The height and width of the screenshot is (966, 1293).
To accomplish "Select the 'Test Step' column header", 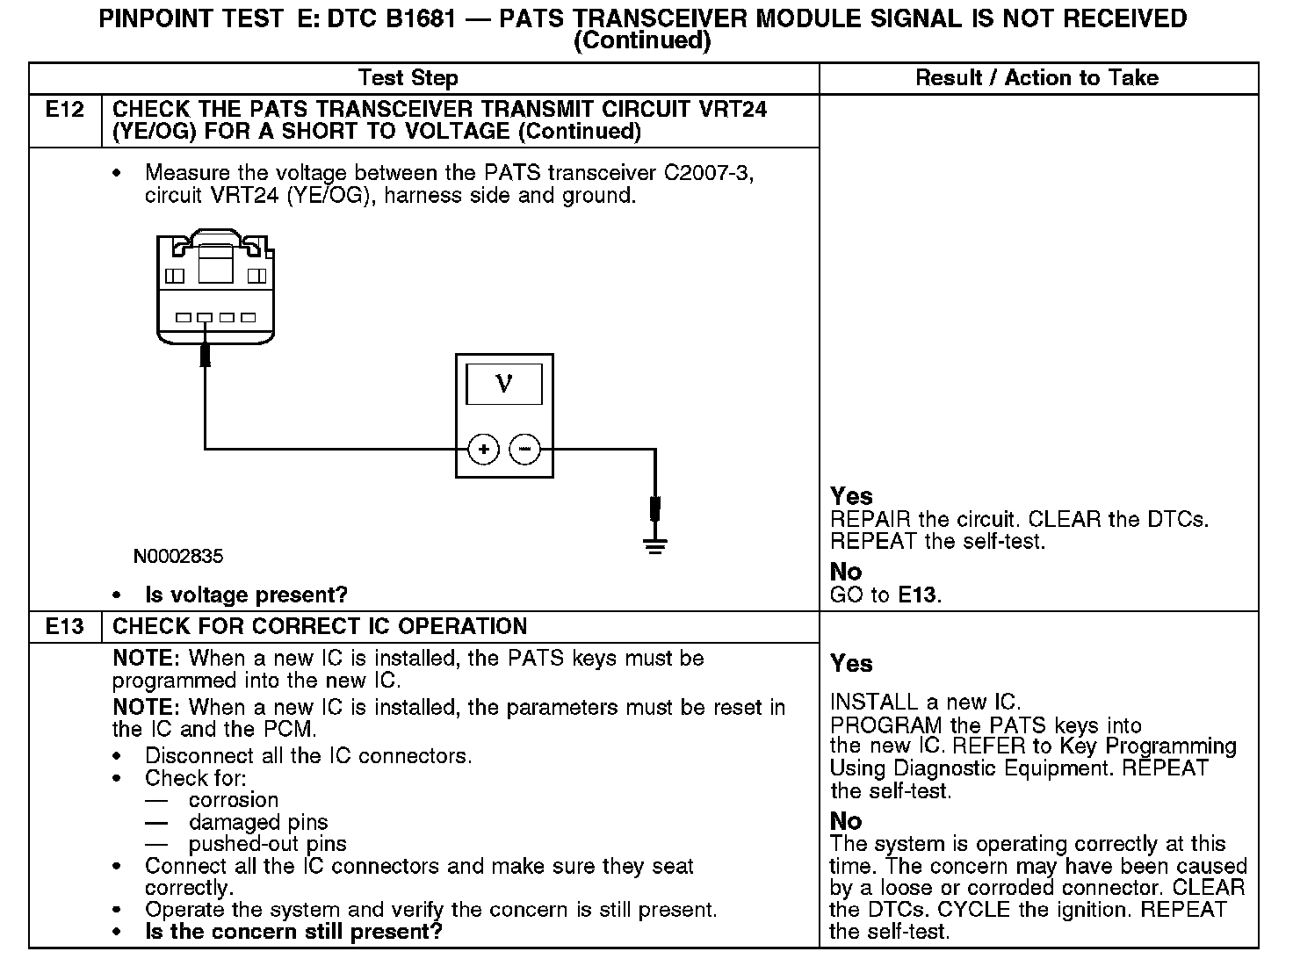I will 408,78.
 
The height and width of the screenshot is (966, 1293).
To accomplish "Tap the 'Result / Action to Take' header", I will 1037,78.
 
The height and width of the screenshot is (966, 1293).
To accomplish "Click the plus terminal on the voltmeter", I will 483,450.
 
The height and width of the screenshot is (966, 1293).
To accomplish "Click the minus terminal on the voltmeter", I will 525,450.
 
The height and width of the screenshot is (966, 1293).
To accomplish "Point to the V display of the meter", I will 503,384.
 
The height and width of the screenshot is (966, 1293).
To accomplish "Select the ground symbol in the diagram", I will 654,545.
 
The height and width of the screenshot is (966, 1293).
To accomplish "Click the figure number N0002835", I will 178,556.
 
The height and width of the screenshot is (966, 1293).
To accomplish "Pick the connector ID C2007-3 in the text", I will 708,173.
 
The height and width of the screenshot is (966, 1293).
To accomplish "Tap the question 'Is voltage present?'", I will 246,595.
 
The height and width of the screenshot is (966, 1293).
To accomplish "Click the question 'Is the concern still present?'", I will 293,931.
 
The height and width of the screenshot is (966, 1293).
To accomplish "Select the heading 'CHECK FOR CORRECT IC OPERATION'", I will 320,626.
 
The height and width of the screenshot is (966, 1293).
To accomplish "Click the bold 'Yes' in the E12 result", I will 851,496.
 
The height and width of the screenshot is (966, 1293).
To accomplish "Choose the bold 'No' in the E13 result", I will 846,821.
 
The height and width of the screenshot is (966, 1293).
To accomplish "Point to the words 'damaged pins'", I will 258,822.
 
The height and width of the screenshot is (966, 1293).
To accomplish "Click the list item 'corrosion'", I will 233,800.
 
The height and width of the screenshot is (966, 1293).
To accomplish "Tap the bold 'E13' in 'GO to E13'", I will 917,595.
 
